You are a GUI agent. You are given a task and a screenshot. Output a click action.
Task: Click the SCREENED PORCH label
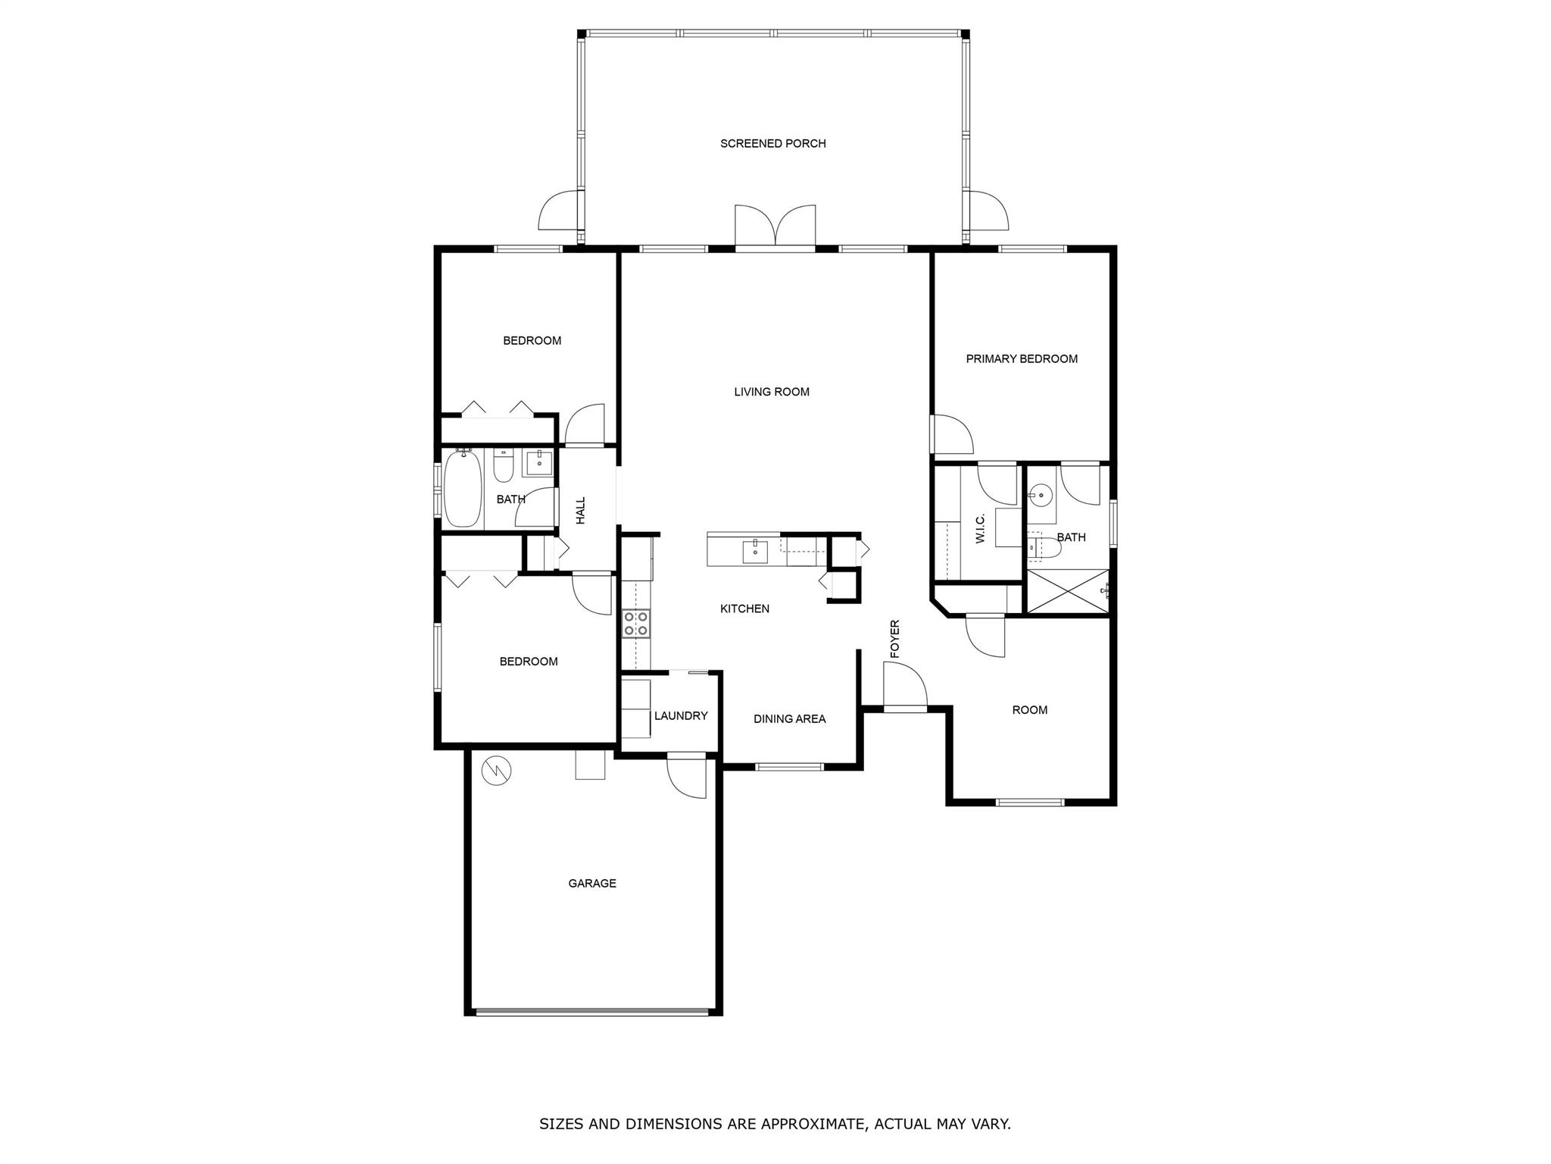tap(772, 143)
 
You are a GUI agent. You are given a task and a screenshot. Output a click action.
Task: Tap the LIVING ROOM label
tap(772, 392)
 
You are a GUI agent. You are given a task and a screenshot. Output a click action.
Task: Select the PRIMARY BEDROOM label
tap(1022, 358)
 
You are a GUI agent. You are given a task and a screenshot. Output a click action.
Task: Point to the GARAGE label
tap(592, 883)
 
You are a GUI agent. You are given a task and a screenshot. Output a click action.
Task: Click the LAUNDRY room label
tap(681, 715)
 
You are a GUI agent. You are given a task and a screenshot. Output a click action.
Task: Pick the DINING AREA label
tap(789, 718)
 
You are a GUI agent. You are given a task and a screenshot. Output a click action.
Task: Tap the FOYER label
tap(894, 639)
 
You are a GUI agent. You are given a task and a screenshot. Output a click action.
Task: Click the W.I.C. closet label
tap(980, 528)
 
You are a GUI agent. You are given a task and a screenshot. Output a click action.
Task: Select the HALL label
tap(581, 511)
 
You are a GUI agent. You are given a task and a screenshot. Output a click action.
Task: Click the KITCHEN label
tap(744, 609)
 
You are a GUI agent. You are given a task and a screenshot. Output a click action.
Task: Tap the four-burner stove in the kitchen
tap(635, 623)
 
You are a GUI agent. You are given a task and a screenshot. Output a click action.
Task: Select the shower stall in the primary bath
tap(1068, 591)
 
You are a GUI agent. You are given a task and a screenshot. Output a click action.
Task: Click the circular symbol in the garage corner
tap(496, 771)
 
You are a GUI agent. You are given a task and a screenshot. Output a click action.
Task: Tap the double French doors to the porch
tap(775, 226)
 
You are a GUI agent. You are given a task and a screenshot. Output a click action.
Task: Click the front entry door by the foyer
tap(905, 685)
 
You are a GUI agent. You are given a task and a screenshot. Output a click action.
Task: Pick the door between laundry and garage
tap(687, 775)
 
